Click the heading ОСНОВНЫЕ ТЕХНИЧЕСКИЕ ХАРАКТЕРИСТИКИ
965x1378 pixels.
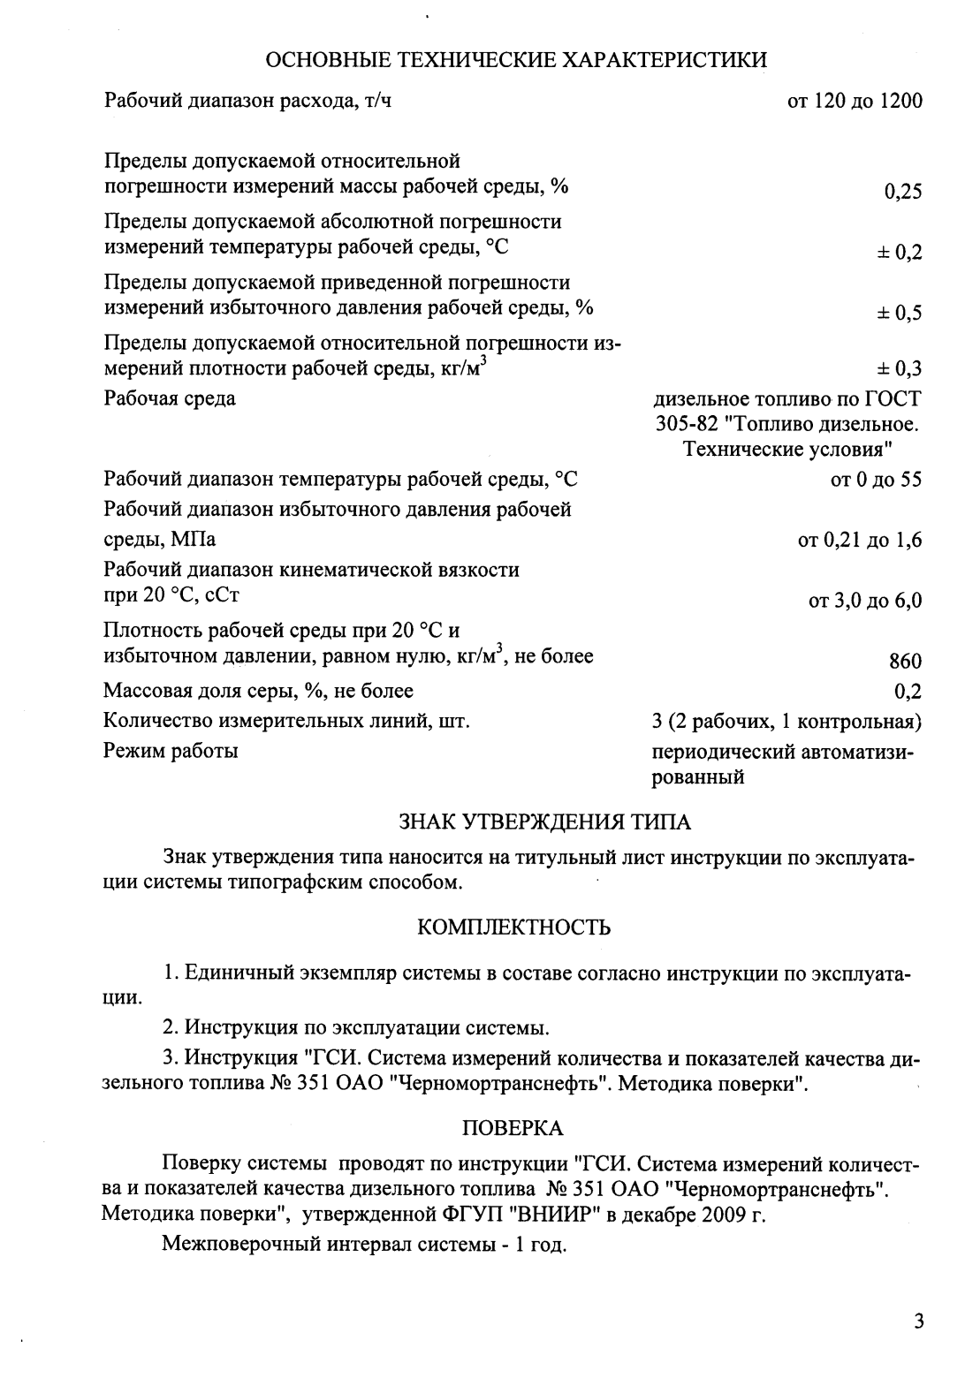point(516,60)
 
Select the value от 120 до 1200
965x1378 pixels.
point(855,102)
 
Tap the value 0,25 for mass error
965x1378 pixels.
point(902,192)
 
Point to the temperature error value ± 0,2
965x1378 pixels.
point(899,253)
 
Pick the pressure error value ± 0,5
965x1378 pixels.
point(899,314)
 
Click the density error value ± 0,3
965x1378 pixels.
point(899,370)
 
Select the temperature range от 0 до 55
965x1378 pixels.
point(870,480)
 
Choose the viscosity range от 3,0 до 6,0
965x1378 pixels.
point(865,602)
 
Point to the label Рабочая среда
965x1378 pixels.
point(170,398)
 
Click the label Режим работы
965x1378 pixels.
point(171,752)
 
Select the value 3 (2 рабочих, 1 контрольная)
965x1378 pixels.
point(786,722)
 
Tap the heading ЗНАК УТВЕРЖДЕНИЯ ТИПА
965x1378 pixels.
point(545,822)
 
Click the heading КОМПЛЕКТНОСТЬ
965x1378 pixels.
point(513,927)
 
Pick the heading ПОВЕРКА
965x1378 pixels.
point(513,1128)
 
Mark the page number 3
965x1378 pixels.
point(918,1322)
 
